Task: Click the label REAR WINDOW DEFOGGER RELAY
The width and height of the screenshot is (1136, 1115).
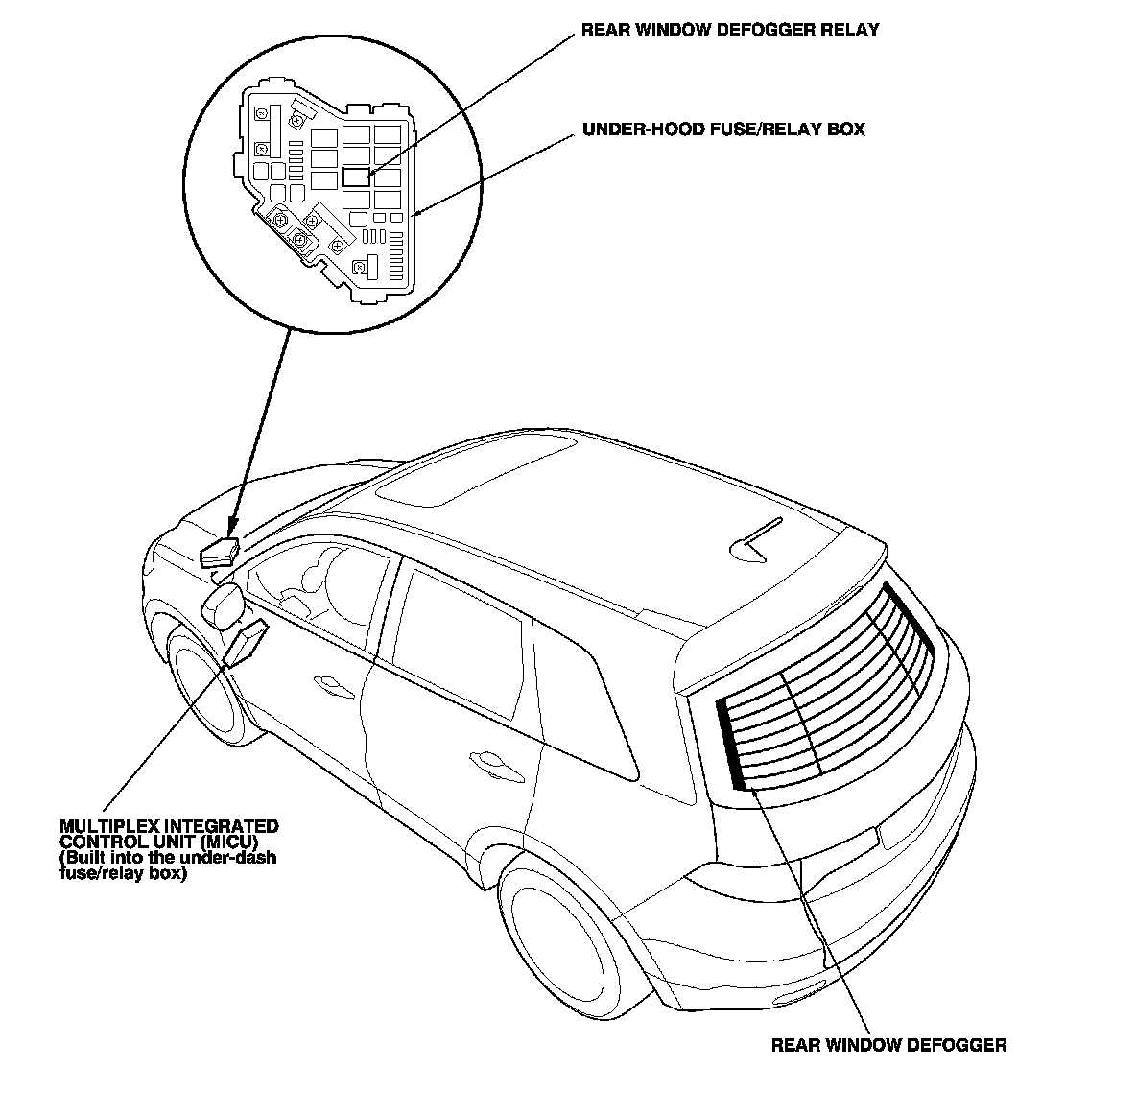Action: tap(729, 31)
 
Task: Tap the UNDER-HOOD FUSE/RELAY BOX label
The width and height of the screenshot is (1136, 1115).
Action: tap(723, 129)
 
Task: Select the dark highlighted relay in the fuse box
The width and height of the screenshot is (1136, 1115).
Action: tap(356, 177)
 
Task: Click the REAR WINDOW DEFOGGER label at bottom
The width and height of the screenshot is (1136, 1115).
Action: tap(888, 1045)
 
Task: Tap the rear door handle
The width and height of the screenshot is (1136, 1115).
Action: tap(493, 763)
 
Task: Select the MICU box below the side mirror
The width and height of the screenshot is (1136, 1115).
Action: tap(246, 642)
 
